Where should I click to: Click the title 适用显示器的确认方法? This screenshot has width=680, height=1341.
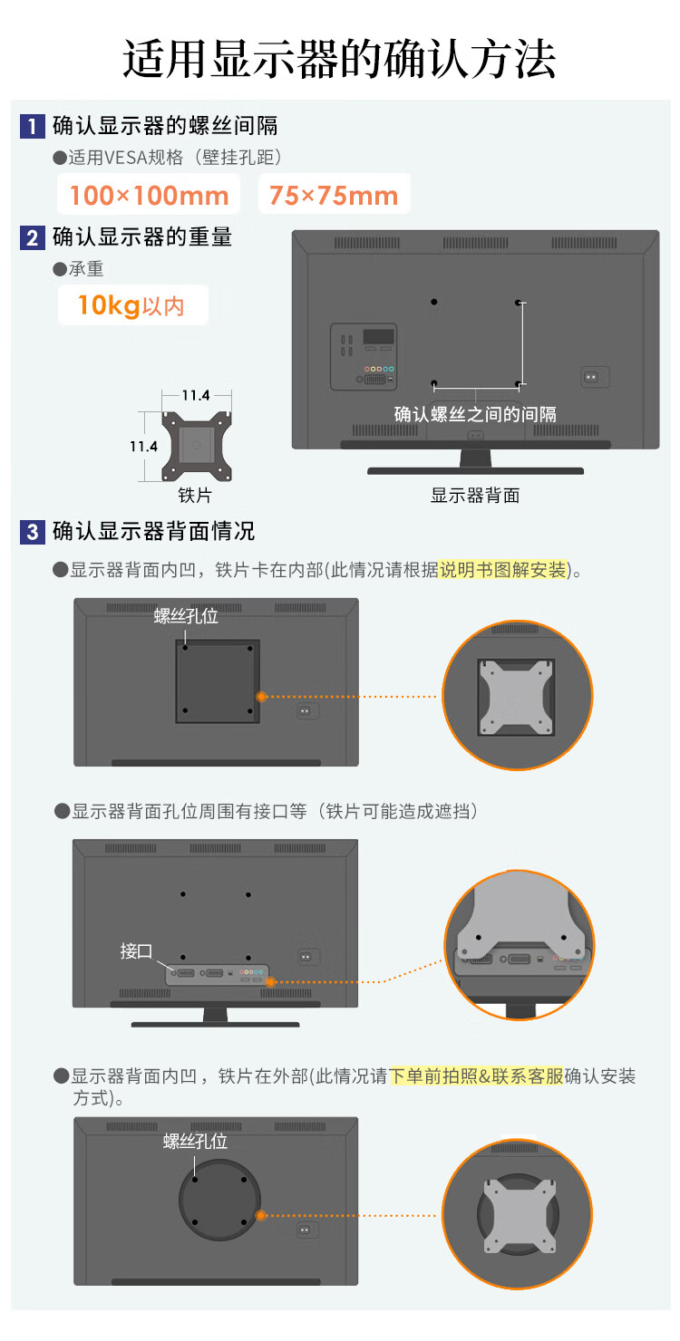pos(340,59)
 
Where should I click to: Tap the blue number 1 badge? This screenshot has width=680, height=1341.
pos(33,126)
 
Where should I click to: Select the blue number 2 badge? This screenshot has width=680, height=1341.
pos(33,237)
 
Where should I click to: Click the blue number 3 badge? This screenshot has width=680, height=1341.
pos(33,532)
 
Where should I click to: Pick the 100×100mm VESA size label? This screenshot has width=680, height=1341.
pos(150,195)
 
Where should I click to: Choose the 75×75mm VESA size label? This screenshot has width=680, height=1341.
pos(334,195)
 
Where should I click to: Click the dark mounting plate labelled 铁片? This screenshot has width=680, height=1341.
pos(197,446)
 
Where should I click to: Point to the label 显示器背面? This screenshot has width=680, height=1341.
pos(475,495)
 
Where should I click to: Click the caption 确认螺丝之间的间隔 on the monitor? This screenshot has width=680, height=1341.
pos(475,414)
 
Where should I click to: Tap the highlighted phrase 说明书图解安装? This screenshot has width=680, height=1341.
pos(503,569)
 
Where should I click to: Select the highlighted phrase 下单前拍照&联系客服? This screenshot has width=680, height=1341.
pos(477,1076)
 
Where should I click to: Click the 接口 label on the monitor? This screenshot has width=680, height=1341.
pos(136,950)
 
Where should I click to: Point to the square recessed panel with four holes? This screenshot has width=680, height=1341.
pos(218,681)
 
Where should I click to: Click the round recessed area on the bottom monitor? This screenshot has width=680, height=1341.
pos(219,1200)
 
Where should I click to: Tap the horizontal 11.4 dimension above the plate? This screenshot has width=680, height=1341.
pos(196,395)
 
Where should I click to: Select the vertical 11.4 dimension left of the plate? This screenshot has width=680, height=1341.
pos(144,446)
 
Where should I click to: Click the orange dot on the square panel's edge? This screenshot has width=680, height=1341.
pos(260,696)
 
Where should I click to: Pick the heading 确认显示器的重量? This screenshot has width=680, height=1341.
pos(142,237)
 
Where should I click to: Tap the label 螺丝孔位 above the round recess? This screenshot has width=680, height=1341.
pos(195,1141)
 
